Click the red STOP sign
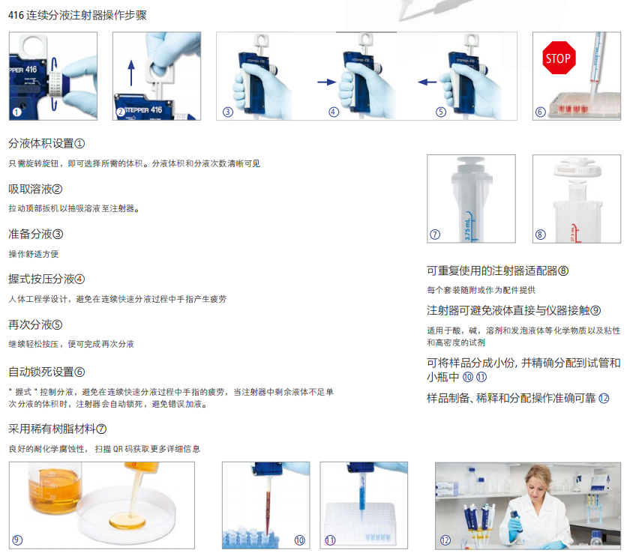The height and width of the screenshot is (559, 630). (x=559, y=58)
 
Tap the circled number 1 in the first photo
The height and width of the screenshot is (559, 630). (x=16, y=112)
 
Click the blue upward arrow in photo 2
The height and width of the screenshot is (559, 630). (x=131, y=73)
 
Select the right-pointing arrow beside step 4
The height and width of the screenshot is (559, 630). (x=327, y=82)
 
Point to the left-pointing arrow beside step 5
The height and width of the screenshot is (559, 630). (x=427, y=82)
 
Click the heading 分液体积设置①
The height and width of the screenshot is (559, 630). (x=46, y=143)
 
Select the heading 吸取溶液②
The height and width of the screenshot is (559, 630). (x=35, y=189)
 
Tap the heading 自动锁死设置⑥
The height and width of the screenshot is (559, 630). (x=46, y=372)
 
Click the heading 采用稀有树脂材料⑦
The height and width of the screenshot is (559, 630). (x=58, y=429)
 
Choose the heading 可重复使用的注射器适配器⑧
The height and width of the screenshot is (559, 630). (x=497, y=271)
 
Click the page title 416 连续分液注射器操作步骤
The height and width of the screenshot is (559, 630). (x=77, y=15)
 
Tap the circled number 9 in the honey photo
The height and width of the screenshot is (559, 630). (x=17, y=540)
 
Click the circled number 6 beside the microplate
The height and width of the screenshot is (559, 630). (x=541, y=112)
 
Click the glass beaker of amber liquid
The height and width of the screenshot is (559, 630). (x=55, y=489)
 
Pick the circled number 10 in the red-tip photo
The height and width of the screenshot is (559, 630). (x=300, y=540)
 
